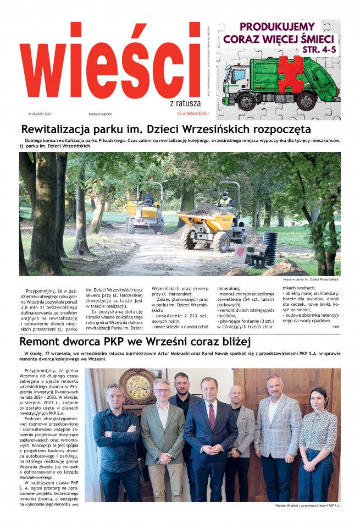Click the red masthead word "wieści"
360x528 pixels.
click(x=110, y=61)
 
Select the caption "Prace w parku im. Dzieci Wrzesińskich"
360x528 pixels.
click(x=311, y=279)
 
